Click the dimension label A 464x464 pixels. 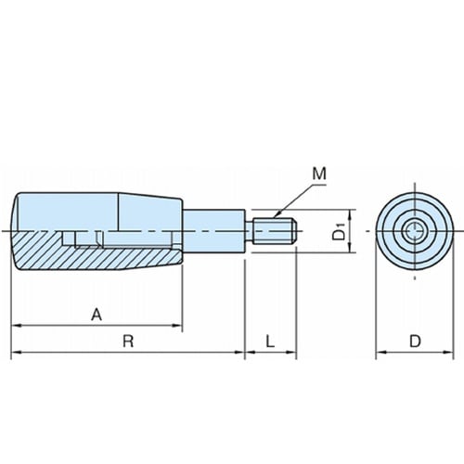[x=97, y=315]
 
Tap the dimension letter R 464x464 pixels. [x=128, y=342]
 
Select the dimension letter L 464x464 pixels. [x=270, y=342]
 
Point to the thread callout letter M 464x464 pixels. [x=319, y=174]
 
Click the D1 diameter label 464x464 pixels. [x=339, y=232]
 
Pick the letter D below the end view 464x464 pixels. [x=415, y=342]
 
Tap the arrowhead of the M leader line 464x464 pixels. [x=277, y=215]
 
